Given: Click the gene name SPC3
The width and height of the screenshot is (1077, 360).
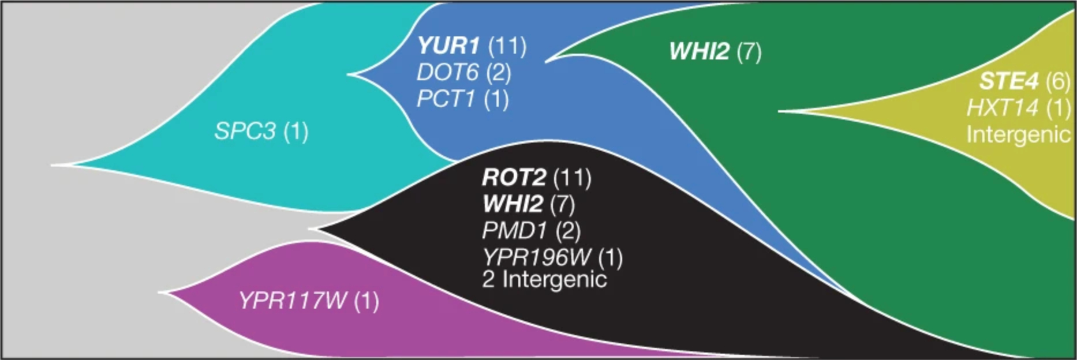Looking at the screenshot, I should point(245,132).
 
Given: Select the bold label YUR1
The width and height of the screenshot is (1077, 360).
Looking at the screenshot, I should point(448,46).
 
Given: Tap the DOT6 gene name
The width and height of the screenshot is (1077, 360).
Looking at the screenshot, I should point(447,73).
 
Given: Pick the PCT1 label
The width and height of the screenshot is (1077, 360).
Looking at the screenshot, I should point(446,99).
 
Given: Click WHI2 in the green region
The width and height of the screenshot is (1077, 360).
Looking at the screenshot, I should point(699,52).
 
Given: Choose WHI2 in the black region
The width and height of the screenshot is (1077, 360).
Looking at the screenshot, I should point(513,204).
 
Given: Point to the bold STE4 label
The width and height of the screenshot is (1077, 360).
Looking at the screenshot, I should point(1008,81).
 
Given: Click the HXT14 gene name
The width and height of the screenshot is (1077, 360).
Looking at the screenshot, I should point(1002,108).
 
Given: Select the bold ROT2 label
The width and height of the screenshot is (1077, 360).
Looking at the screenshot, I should point(513,178).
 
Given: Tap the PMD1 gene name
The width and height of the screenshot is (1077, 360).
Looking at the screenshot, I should point(514,231).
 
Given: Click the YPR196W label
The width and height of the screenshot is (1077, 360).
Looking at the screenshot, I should point(536,257).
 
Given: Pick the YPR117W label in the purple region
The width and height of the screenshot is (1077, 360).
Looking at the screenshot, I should point(292,301).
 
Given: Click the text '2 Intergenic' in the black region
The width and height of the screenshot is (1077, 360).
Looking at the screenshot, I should point(544,280).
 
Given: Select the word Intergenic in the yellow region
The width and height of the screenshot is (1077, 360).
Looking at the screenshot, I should point(1018,135).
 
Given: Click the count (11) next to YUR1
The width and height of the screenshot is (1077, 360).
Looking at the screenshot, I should point(507,46).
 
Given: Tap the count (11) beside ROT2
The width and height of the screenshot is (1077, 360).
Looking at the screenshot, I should point(572,178).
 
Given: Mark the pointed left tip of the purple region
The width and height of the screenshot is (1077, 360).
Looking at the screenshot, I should point(160,292).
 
